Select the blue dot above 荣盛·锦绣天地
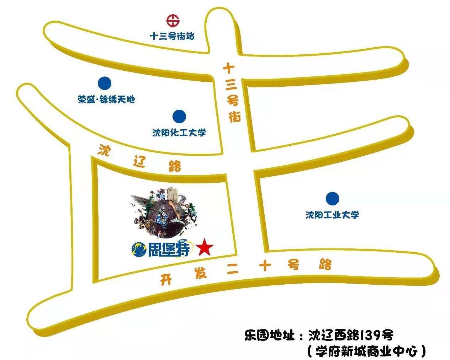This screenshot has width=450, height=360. click(105, 83)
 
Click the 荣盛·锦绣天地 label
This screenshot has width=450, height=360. click(107, 99)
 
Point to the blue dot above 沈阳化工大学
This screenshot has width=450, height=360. click(179, 116)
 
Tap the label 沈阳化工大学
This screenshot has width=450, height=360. click(179, 133)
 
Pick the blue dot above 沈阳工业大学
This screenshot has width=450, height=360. click(332, 198)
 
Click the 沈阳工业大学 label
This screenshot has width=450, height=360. click(332, 215)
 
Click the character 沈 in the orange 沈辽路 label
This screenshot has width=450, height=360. click(105, 150)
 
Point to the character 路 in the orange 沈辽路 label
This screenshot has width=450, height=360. click(174, 166)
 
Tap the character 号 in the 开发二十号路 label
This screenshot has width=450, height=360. click(293, 265)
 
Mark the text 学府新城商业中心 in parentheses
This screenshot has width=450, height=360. click(366, 351)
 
